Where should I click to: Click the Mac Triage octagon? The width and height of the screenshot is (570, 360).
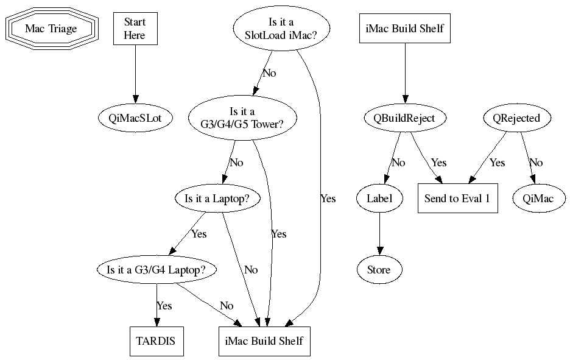(51, 29)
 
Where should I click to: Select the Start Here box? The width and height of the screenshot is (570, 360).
(135, 29)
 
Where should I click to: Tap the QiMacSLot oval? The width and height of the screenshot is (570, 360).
(135, 118)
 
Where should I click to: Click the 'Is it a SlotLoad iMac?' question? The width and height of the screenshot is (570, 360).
(280, 29)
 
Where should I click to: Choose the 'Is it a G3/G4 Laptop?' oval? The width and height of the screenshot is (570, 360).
(157, 269)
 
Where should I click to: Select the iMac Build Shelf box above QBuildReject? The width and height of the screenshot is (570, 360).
(405, 29)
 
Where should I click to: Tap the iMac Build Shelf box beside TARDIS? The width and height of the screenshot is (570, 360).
(261, 341)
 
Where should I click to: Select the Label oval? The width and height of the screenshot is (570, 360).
(379, 198)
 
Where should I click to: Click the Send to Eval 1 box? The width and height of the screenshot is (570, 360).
(457, 198)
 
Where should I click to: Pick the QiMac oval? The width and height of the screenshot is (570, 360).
(539, 198)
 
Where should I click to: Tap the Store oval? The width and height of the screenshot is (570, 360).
(379, 269)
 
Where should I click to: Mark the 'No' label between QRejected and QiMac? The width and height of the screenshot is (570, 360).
(536, 163)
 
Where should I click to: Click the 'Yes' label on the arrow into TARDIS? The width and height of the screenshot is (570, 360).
(164, 305)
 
